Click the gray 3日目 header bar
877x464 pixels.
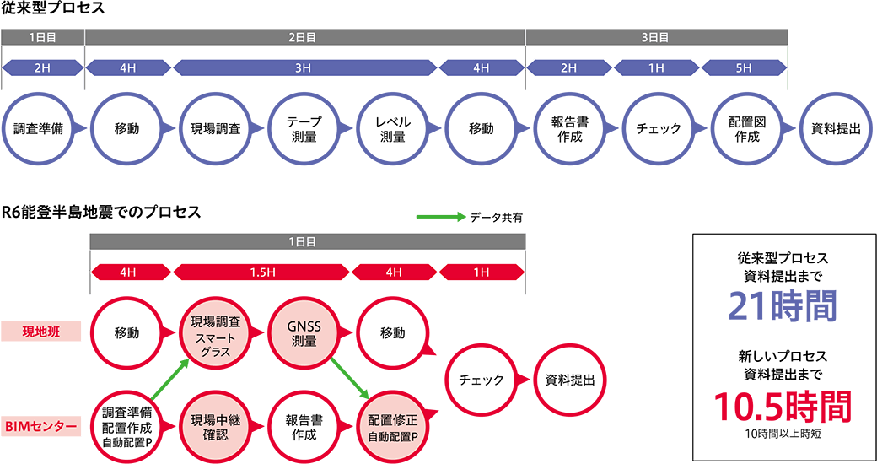click(656, 37)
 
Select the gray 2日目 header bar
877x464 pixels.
click(304, 37)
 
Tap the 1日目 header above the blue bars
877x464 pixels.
click(42, 37)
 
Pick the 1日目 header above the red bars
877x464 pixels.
click(307, 242)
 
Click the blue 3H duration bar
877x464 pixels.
click(304, 68)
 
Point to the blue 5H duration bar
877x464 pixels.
click(743, 68)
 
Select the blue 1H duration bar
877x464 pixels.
click(656, 68)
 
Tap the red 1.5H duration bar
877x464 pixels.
click(261, 272)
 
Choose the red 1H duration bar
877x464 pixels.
click(482, 272)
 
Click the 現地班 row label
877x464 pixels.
click(41, 332)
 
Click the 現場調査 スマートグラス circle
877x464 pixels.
click(216, 332)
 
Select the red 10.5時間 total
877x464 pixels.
click(782, 407)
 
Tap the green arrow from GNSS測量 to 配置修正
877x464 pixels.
click(351, 379)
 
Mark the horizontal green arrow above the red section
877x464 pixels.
click(440, 217)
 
